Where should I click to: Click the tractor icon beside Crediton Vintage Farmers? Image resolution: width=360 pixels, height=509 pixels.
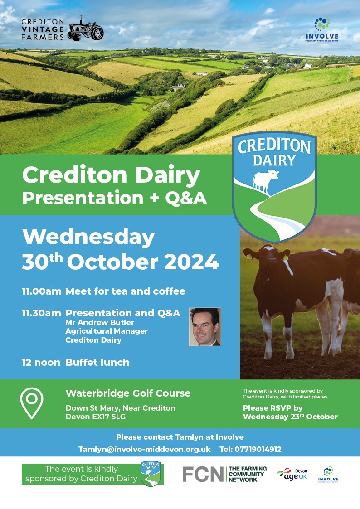pyautogui.click(x=86, y=29)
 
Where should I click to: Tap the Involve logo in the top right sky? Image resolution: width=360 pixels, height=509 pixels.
pyautogui.click(x=322, y=29)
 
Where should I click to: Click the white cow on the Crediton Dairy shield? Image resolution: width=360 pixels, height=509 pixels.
pyautogui.click(x=266, y=180)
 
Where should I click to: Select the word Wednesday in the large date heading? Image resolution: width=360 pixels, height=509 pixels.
pyautogui.click(x=88, y=237)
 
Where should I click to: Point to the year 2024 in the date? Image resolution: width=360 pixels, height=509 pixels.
pyautogui.click(x=191, y=262)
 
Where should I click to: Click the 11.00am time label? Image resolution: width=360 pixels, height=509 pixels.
pyautogui.click(x=42, y=291)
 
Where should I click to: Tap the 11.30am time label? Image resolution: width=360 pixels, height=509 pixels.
pyautogui.click(x=41, y=313)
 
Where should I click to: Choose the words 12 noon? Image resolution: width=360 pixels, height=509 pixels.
pyautogui.click(x=41, y=362)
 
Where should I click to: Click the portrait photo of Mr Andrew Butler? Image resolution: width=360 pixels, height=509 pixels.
pyautogui.click(x=205, y=327)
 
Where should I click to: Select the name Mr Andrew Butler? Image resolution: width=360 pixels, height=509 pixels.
pyautogui.click(x=100, y=322)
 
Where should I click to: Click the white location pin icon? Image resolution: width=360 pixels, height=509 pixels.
pyautogui.click(x=31, y=403)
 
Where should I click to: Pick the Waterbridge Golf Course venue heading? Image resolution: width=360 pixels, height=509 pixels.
pyautogui.click(x=128, y=393)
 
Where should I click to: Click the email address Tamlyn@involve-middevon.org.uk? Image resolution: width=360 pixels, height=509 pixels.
pyautogui.click(x=145, y=449)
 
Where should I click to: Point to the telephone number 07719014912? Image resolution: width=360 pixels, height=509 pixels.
pyautogui.click(x=258, y=449)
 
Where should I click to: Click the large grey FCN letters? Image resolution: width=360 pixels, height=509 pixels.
pyautogui.click(x=203, y=474)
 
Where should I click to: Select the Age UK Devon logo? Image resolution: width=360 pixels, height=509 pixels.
pyautogui.click(x=292, y=474)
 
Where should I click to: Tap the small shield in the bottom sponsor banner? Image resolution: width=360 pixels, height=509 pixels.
pyautogui.click(x=151, y=474)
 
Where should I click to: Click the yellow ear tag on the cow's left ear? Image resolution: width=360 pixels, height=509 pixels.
pyautogui.click(x=249, y=257)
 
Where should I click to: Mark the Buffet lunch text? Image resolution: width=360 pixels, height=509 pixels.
pyautogui.click(x=97, y=362)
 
